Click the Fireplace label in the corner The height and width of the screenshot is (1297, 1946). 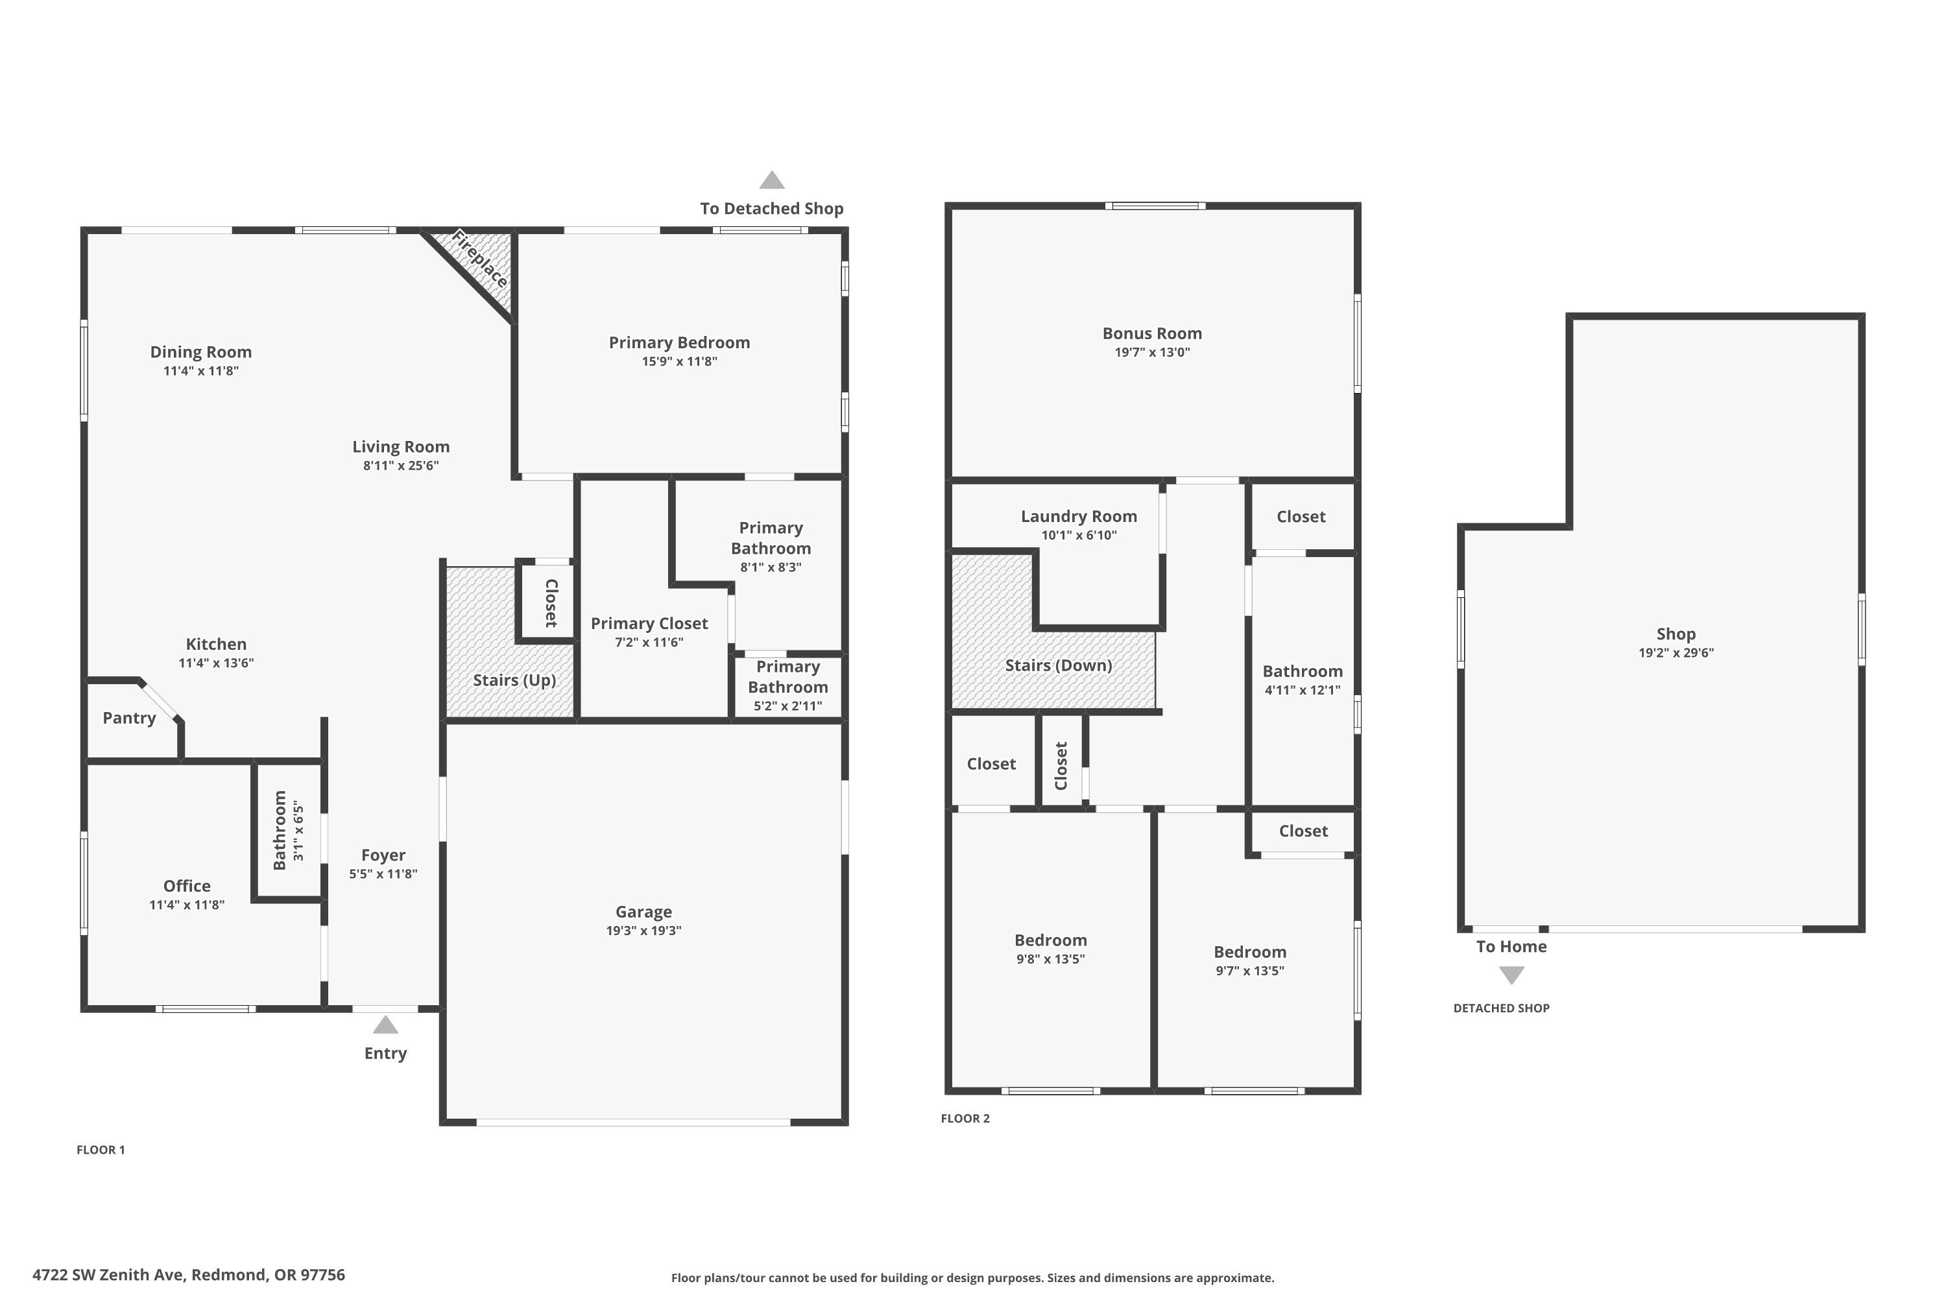[x=480, y=261]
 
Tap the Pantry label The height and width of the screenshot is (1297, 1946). [x=129, y=718]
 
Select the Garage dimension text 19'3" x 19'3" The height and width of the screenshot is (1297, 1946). [x=643, y=931]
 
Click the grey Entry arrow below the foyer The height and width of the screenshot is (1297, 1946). [x=385, y=1025]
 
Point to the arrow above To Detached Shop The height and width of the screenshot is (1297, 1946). [x=772, y=180]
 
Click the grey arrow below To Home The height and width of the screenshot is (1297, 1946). [x=1511, y=976]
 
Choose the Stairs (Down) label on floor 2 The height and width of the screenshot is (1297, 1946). [x=1058, y=666]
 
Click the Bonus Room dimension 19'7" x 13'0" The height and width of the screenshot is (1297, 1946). [x=1153, y=352]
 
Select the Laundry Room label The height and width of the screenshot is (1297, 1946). [x=1079, y=516]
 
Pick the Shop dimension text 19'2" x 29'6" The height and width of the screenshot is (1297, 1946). [x=1676, y=652]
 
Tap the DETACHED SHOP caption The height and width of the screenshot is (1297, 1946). [x=1502, y=1008]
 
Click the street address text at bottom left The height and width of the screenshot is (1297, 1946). [x=189, y=1275]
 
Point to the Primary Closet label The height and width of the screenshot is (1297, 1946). [x=649, y=624]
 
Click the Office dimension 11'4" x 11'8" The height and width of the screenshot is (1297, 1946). [x=187, y=905]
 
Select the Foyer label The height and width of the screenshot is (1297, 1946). [x=383, y=855]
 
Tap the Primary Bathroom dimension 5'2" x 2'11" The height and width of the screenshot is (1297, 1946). [x=787, y=706]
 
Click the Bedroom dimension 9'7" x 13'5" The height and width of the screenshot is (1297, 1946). [x=1250, y=971]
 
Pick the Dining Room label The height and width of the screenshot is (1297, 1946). [x=201, y=352]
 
